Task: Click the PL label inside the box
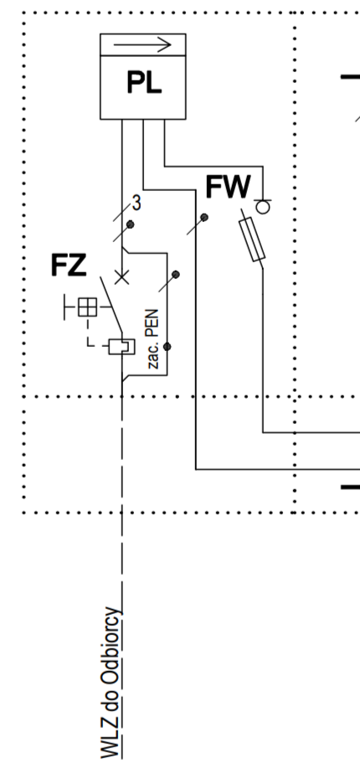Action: pos(144,82)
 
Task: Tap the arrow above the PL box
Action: pos(142,45)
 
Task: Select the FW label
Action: pos(228,187)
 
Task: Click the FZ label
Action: pos(69,266)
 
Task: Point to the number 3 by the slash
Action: pos(136,204)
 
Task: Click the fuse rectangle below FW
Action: pos(252,240)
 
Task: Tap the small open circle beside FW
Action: pos(263,208)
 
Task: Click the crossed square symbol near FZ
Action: pos(88,307)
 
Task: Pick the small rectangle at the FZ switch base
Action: pos(121,347)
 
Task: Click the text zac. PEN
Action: pos(153,338)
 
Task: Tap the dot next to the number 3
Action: pos(130,225)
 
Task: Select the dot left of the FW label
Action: pos(204,217)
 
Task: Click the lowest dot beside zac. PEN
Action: pos(167,347)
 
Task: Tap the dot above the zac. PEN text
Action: pos(176,275)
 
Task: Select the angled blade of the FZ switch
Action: pos(111,305)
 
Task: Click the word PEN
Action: pos(153,324)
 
